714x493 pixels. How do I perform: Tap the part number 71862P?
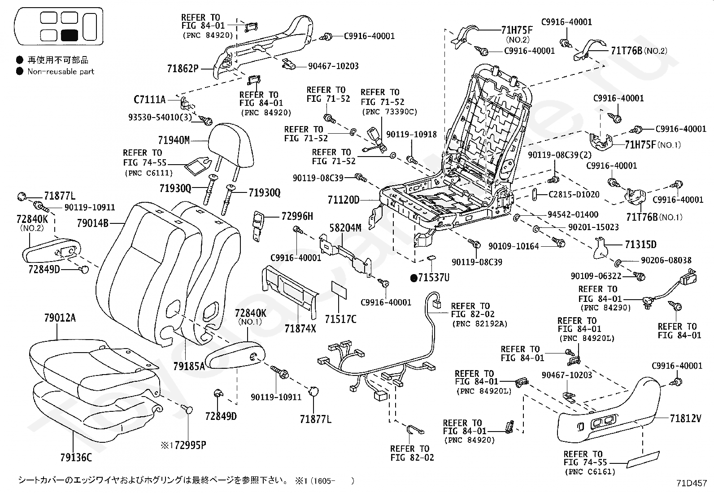pyautogui.click(x=182, y=69)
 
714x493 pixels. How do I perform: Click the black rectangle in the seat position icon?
pyautogui.click(x=70, y=35)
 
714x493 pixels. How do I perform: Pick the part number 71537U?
pyautogui.click(x=433, y=278)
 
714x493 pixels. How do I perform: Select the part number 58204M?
pyautogui.click(x=345, y=228)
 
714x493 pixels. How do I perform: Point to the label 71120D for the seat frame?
pyautogui.click(x=344, y=199)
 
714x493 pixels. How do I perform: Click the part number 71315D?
pyautogui.click(x=640, y=244)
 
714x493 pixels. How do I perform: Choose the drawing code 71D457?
pyautogui.click(x=692, y=483)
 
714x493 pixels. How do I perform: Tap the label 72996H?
pyautogui.click(x=297, y=216)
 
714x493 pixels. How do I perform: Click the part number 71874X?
pyautogui.click(x=300, y=329)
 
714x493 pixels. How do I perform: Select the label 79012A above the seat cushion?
pyautogui.click(x=60, y=318)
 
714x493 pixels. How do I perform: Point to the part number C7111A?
pyautogui.click(x=150, y=99)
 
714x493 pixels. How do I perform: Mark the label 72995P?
pyautogui.click(x=190, y=445)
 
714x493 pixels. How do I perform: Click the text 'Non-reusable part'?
pyautogui.click(x=61, y=71)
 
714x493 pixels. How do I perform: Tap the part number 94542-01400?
pyautogui.click(x=573, y=214)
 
